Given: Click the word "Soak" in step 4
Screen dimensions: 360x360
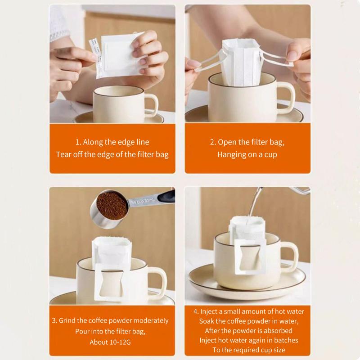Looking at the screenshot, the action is tap(206, 321).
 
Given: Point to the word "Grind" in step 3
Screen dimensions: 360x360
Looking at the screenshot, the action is tap(67, 320).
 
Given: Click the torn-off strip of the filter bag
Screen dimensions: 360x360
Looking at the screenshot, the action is tap(95, 58).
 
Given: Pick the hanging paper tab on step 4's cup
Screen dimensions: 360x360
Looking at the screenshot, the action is tap(250, 257).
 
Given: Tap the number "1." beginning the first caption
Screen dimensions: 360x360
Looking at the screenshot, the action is tap(78, 142).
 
